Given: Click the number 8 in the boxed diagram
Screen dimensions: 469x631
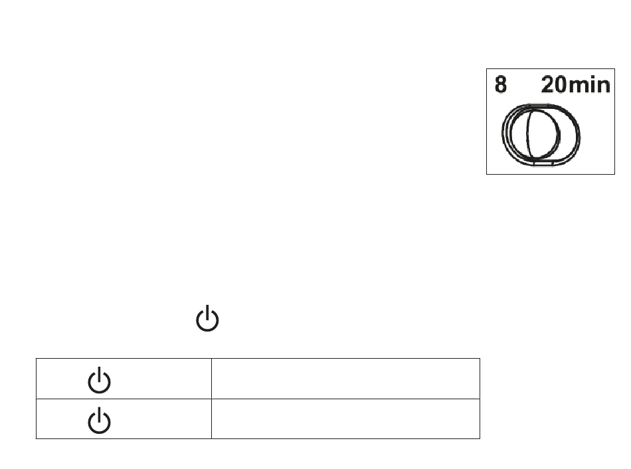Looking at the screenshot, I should pyautogui.click(x=501, y=86).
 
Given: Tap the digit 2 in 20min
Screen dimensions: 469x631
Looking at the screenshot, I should pyautogui.click(x=549, y=86).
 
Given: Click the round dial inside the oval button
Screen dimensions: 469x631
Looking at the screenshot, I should pyautogui.click(x=531, y=132).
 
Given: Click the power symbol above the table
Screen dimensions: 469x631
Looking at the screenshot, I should pyautogui.click(x=208, y=319).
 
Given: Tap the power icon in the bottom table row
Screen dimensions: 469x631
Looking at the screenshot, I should pyautogui.click(x=100, y=421).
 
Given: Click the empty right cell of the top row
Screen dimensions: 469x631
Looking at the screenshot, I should pyautogui.click(x=345, y=379).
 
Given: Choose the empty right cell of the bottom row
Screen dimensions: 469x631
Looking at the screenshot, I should pyautogui.click(x=345, y=419).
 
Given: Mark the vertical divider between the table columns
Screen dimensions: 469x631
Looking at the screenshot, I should pyautogui.click(x=211, y=399).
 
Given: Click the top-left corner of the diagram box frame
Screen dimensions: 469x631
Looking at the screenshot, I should pyautogui.click(x=487, y=68).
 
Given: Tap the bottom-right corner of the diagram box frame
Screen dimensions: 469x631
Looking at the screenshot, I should pyautogui.click(x=615, y=174).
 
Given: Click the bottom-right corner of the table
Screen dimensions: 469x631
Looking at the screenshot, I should pyautogui.click(x=480, y=438).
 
